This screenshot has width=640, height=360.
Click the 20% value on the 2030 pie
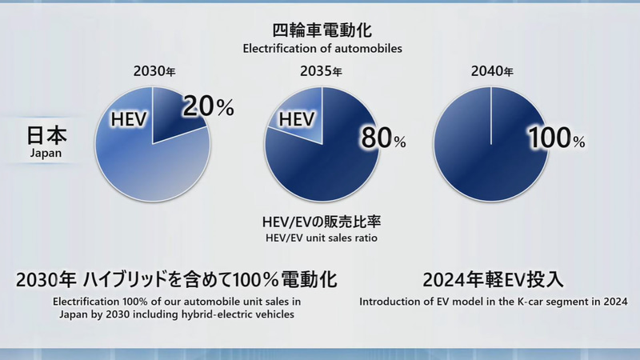click(208, 106)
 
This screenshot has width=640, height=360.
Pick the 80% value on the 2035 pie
click(383, 138)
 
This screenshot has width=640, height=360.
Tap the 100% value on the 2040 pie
click(556, 138)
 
